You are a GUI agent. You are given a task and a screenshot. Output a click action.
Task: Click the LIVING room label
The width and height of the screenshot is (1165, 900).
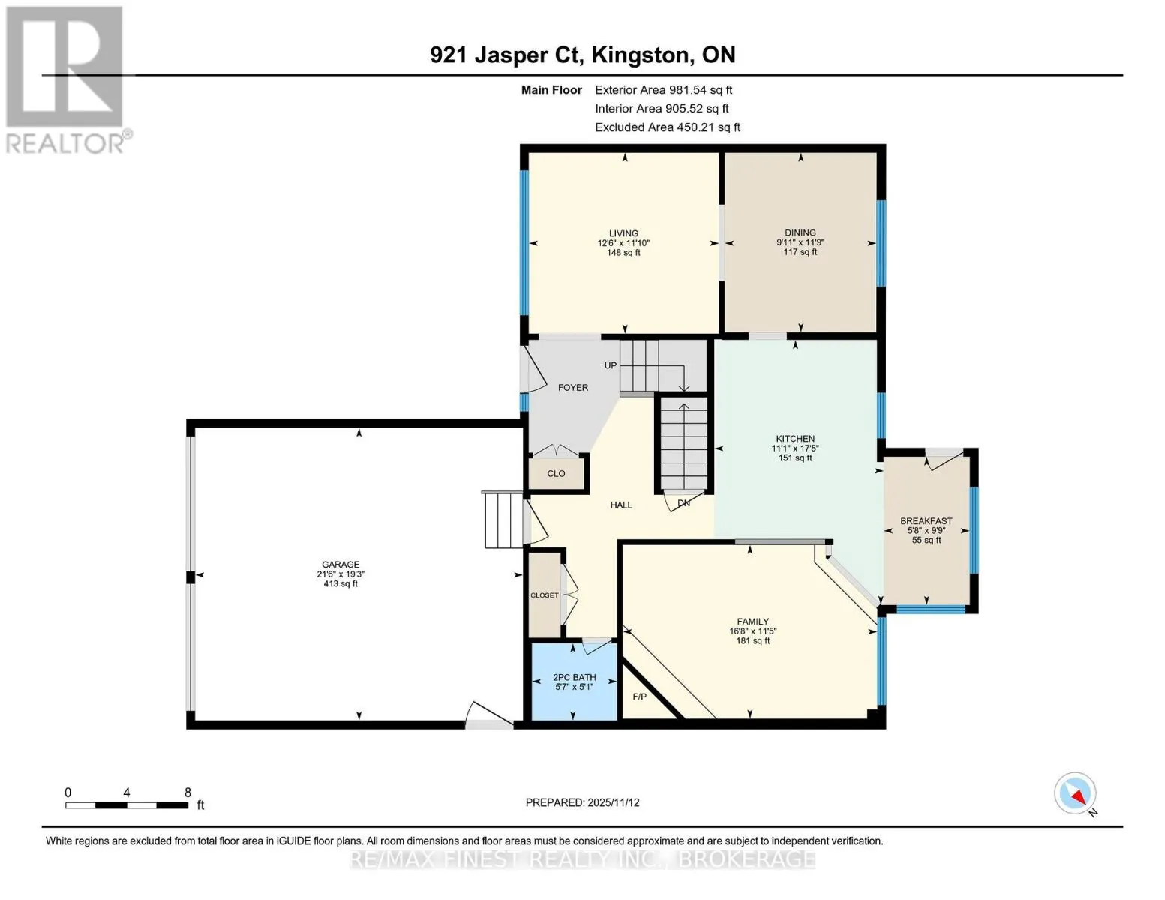point(623,233)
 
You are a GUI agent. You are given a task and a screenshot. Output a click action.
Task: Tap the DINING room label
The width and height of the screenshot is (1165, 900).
point(800,232)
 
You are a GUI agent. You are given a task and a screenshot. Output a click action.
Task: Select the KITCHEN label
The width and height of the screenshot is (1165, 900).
point(795,439)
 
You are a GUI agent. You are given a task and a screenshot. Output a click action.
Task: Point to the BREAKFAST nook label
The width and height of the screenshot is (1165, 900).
point(926,521)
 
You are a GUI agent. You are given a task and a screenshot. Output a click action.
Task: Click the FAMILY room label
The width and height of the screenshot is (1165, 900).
point(752,622)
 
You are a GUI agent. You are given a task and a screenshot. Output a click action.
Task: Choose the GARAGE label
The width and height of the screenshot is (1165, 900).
point(341,565)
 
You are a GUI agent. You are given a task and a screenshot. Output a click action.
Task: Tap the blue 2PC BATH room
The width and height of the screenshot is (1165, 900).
point(574,682)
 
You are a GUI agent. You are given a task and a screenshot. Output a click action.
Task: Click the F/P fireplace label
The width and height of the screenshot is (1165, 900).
point(640,697)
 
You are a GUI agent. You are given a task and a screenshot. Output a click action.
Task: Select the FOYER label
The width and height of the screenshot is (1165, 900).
point(573,388)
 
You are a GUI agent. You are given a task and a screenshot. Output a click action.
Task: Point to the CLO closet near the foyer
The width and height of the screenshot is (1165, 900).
point(556,474)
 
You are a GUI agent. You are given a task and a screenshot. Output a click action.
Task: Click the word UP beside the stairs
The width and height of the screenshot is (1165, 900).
point(611,365)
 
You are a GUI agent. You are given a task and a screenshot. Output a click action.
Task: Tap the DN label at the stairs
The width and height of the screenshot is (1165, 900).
point(683,503)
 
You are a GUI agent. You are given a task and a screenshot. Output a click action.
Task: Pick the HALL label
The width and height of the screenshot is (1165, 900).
point(621,505)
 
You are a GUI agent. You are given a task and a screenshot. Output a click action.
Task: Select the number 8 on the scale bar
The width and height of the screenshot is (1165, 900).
point(188,793)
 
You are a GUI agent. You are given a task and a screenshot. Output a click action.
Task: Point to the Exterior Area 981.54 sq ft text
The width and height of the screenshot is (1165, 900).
point(663,90)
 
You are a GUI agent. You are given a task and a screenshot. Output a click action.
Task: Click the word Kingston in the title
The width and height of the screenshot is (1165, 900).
point(640,55)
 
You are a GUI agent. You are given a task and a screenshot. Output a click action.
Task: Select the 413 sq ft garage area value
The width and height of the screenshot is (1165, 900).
point(341,583)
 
